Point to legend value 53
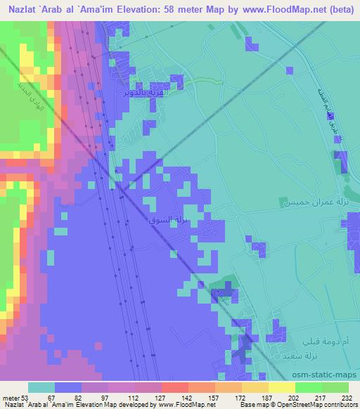26,396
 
